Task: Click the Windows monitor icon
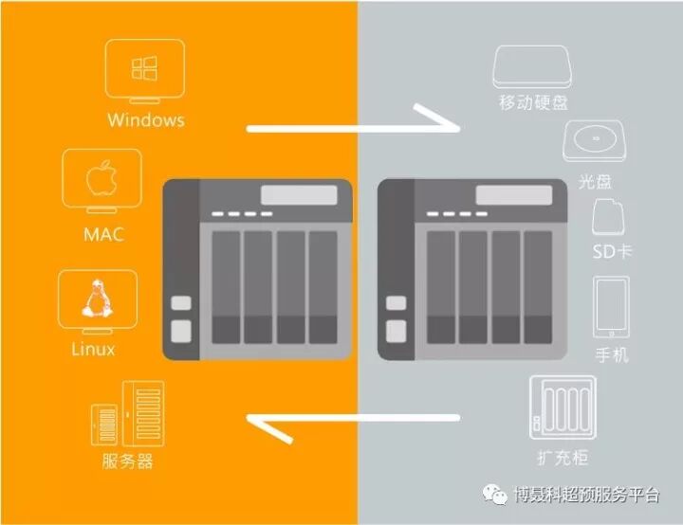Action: tap(144, 72)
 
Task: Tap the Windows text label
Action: tap(145, 120)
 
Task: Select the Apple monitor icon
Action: tap(102, 181)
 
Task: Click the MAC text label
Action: tap(102, 234)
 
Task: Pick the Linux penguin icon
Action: tap(94, 299)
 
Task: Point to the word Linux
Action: tap(94, 349)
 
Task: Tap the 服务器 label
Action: tap(127, 462)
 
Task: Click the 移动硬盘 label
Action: tap(534, 101)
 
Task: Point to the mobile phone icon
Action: tap(611, 307)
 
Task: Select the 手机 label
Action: tap(611, 355)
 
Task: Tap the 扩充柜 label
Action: tap(563, 459)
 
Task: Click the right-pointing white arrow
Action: tap(352, 126)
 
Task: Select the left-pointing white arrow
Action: tap(352, 418)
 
